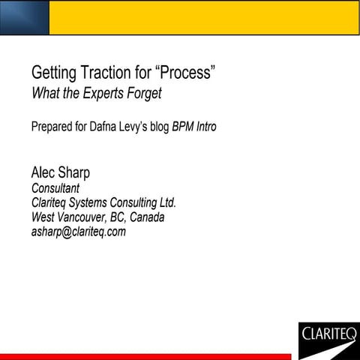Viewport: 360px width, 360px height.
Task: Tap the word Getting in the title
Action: pos(52,73)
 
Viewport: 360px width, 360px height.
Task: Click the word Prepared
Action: pos(52,127)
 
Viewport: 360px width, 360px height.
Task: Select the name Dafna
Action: pos(110,127)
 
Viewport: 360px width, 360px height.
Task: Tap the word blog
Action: pos(157,127)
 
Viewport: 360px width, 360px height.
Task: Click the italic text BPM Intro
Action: pos(194,127)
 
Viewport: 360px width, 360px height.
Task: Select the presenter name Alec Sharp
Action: pos(60,172)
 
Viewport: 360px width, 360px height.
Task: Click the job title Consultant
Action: pos(55,188)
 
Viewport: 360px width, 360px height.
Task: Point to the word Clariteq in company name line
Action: pos(52,202)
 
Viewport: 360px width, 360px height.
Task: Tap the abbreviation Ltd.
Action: pos(166,202)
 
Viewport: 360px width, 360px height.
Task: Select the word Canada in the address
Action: pos(146,217)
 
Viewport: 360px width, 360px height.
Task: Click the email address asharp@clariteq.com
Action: pos(78,232)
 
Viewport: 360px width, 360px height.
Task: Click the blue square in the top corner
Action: pos(24,17)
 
